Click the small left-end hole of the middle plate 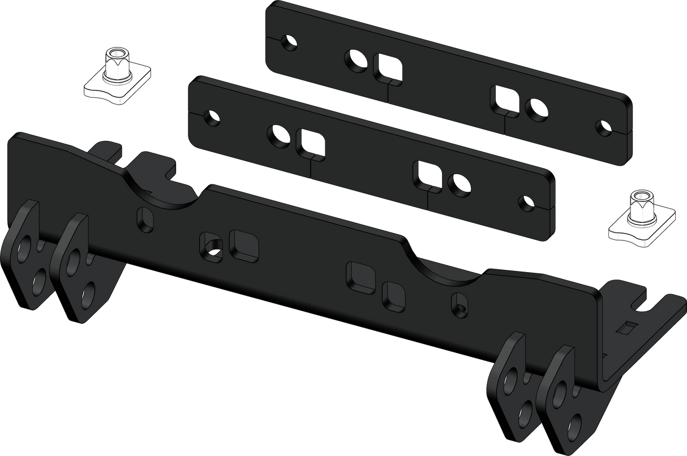[x=213, y=118]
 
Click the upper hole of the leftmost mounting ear [x=25, y=249]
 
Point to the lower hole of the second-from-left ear [x=88, y=295]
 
